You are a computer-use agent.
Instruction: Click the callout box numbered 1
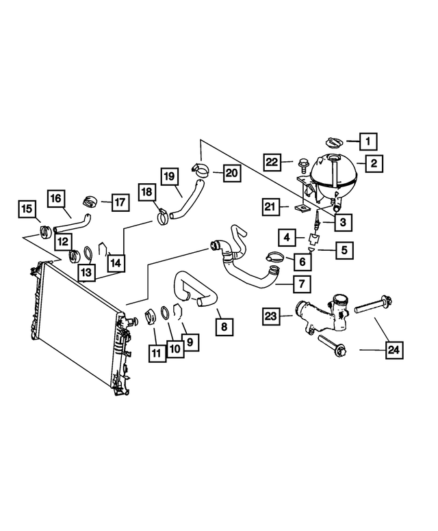(368, 142)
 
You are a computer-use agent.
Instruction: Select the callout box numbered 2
(374, 163)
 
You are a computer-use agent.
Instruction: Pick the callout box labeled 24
(394, 351)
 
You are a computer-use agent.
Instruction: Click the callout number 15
(26, 208)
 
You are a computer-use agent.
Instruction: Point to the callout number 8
(223, 327)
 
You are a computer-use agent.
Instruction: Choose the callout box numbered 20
(232, 173)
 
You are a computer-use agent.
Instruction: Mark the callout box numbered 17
(120, 202)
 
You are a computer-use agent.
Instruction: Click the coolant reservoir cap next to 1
(333, 142)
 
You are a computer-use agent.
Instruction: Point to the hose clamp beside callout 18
(163, 217)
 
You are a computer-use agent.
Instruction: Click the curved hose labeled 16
(72, 222)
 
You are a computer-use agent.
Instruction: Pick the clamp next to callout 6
(274, 258)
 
